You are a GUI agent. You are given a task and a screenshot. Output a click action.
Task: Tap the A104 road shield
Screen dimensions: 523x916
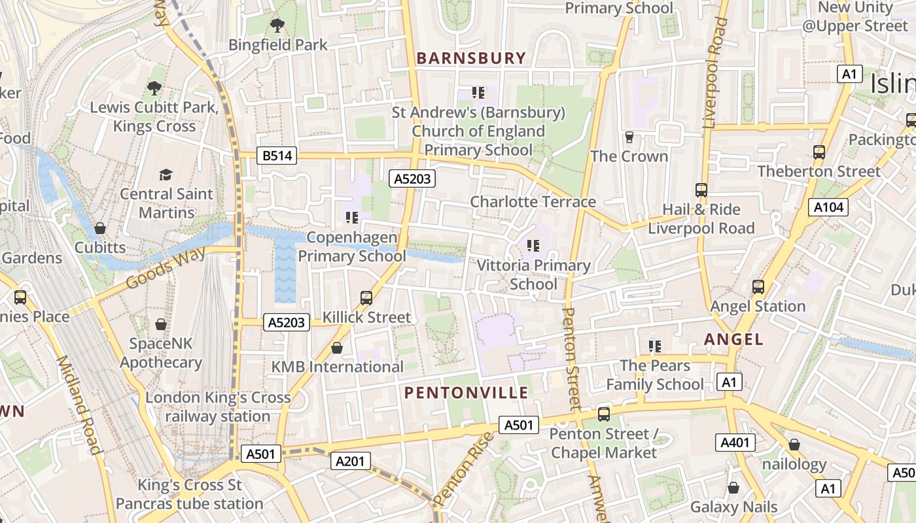(829, 208)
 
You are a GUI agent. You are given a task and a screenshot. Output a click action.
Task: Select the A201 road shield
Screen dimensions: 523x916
(349, 461)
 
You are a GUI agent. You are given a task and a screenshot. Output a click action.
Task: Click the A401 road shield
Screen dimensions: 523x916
(735, 443)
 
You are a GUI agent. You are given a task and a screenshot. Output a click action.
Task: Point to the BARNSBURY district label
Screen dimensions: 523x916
(471, 58)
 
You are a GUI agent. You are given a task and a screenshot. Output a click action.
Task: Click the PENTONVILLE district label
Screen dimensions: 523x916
(466, 393)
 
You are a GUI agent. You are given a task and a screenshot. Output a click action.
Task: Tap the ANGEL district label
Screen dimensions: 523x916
(733, 339)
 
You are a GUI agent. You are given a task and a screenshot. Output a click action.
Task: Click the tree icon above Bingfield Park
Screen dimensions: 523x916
(277, 25)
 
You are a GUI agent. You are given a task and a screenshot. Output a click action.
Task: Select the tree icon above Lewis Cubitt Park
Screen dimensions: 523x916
(154, 88)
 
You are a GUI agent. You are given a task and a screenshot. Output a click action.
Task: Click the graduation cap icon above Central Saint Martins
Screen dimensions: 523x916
(166, 175)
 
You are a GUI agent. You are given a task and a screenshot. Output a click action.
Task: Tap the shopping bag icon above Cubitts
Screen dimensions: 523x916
(100, 228)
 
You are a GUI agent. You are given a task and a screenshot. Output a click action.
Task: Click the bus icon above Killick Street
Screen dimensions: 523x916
(366, 298)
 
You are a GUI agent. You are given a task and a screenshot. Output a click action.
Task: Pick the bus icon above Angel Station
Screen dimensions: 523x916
(758, 286)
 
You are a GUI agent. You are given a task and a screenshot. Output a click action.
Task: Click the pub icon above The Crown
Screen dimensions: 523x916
(629, 137)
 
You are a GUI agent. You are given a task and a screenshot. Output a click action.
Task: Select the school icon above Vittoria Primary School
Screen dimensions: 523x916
(533, 246)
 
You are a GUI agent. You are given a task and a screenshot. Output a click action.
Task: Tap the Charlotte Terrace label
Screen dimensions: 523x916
(533, 201)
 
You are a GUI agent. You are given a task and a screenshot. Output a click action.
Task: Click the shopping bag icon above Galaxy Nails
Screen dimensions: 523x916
(733, 488)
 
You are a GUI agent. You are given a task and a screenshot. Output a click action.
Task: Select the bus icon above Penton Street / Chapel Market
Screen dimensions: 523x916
(603, 414)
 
